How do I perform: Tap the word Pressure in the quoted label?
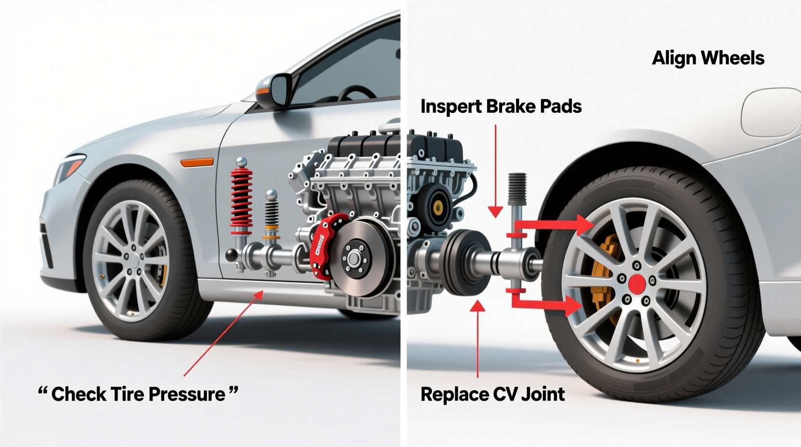point(186,394)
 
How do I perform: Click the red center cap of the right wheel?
point(637,284)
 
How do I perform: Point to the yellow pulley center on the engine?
point(438,208)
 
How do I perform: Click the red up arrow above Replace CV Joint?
point(478,337)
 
